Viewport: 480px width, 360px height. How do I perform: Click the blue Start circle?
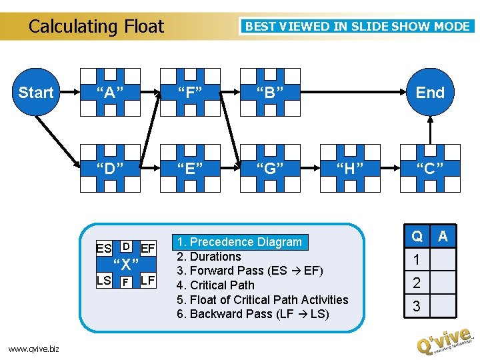tap(36, 92)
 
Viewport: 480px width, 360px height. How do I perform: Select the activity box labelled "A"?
tap(109, 92)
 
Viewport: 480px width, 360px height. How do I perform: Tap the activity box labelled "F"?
tap(189, 92)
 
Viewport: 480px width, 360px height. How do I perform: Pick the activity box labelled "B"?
tap(270, 92)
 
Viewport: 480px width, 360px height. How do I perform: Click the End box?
tap(429, 92)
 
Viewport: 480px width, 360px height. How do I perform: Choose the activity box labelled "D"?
tap(109, 168)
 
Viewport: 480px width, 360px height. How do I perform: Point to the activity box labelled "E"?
tap(189, 168)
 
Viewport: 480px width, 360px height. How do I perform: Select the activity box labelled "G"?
tap(270, 168)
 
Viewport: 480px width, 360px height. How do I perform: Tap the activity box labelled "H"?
tap(349, 168)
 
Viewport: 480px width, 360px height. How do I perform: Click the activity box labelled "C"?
tap(429, 168)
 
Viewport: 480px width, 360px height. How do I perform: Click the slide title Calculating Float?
tap(96, 27)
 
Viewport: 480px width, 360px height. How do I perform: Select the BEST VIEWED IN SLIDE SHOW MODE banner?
tap(358, 27)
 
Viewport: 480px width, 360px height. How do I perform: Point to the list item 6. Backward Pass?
tap(253, 313)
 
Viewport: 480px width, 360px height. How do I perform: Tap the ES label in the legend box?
tap(104, 249)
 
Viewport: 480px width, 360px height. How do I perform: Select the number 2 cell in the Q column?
tap(417, 283)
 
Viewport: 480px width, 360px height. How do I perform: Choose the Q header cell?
tap(417, 236)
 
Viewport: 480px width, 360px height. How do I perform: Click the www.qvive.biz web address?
tap(33, 348)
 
